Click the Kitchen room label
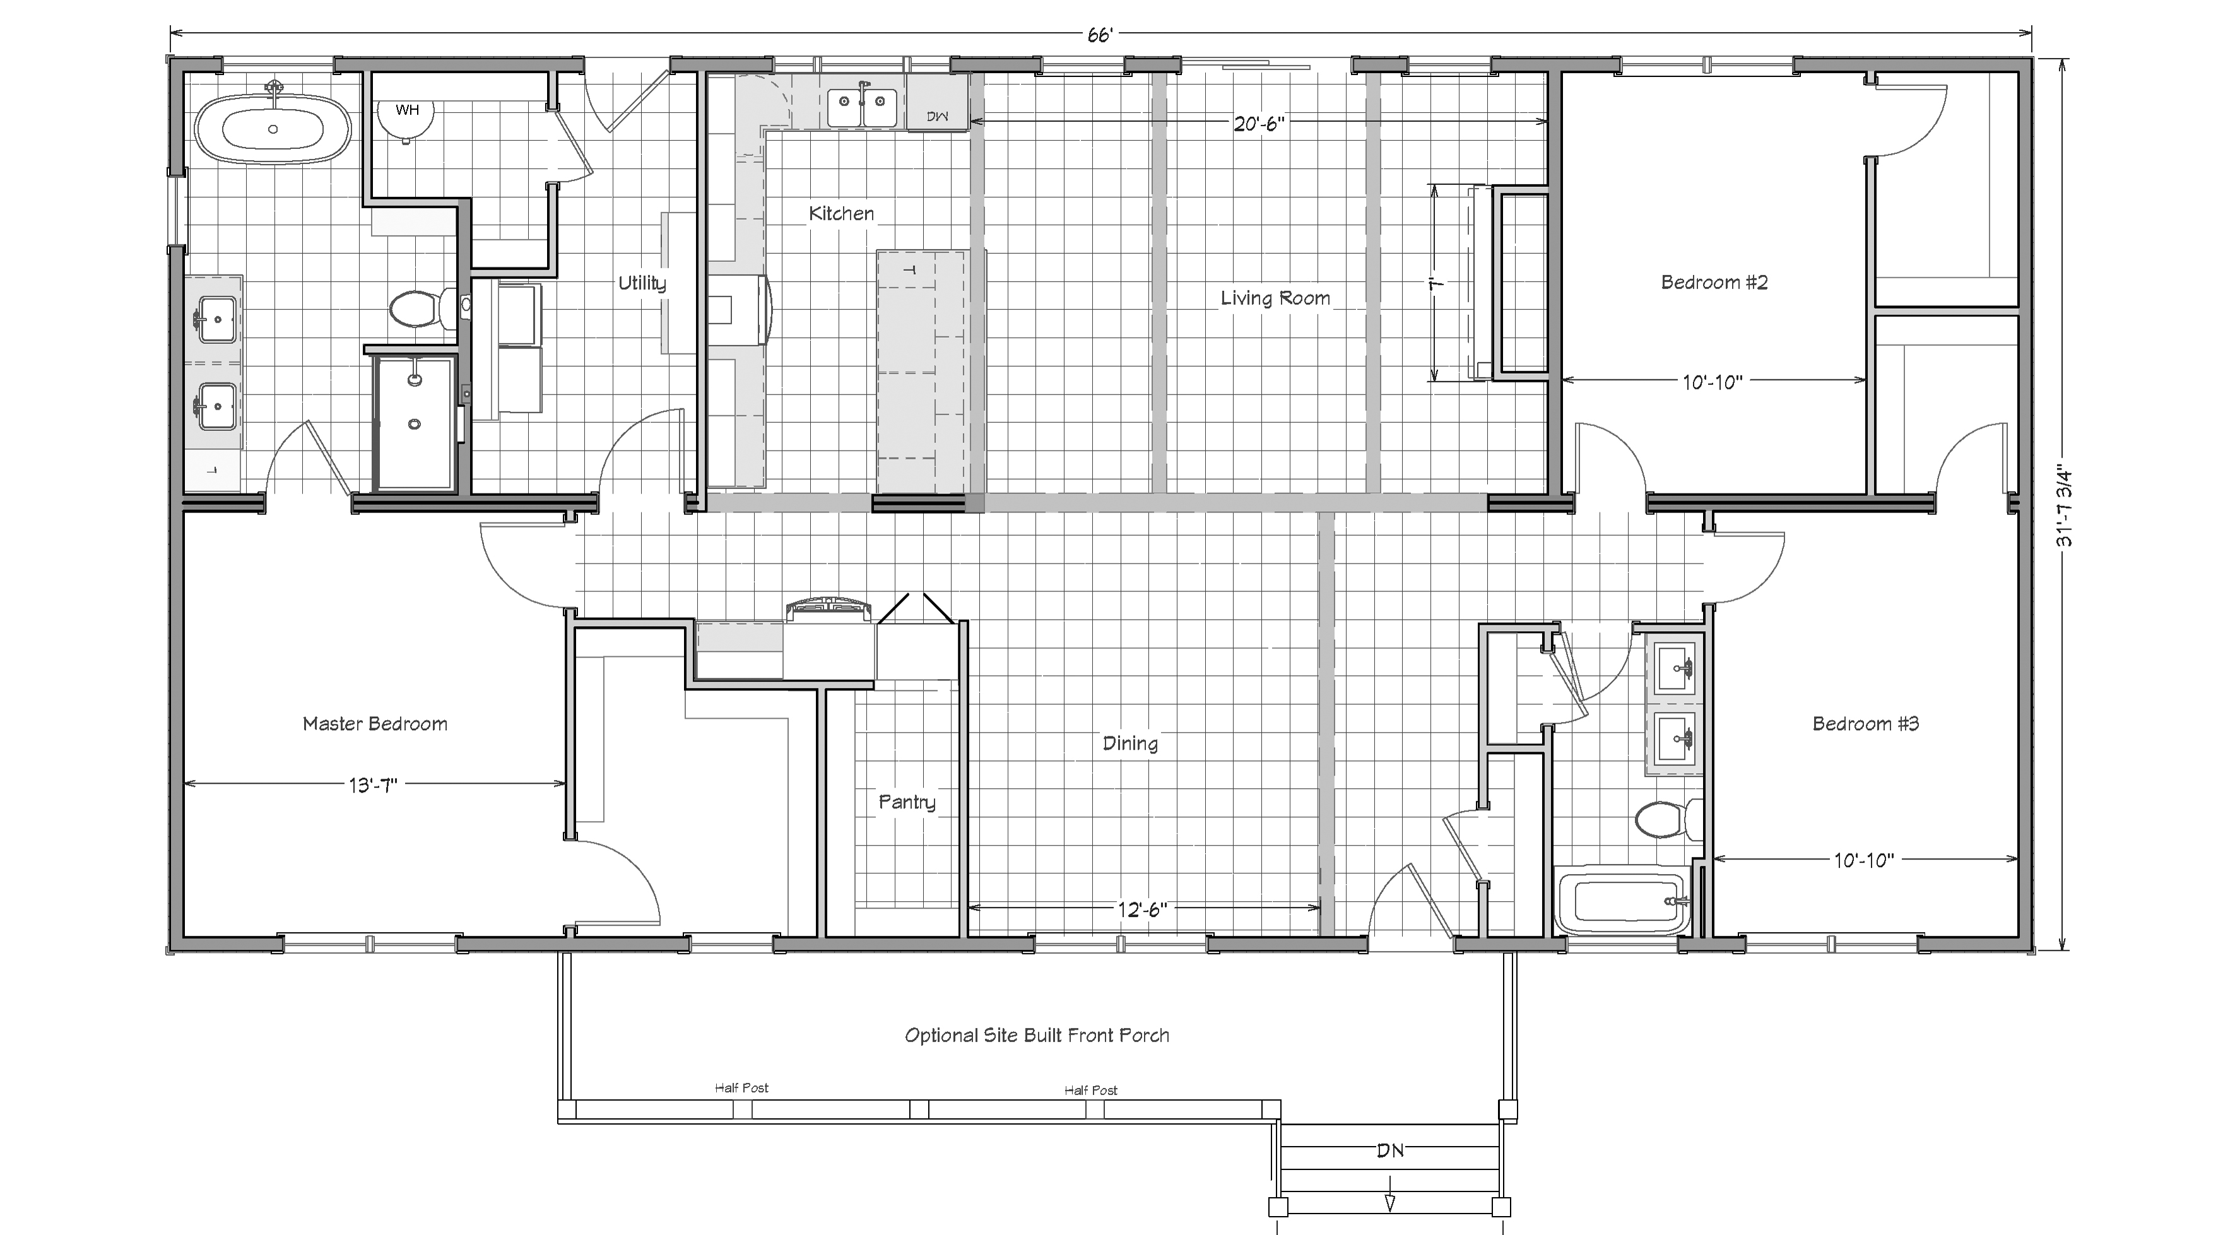(x=841, y=213)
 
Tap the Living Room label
(x=1275, y=298)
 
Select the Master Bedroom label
(x=375, y=724)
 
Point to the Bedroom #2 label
(x=1714, y=282)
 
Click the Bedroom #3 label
(x=1865, y=724)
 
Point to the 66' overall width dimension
(x=1099, y=35)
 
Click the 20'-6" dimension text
(x=1258, y=124)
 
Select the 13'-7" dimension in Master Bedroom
(x=373, y=785)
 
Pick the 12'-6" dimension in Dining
(x=1143, y=909)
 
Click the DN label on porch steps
(x=1390, y=1150)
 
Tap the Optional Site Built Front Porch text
(x=1037, y=1036)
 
